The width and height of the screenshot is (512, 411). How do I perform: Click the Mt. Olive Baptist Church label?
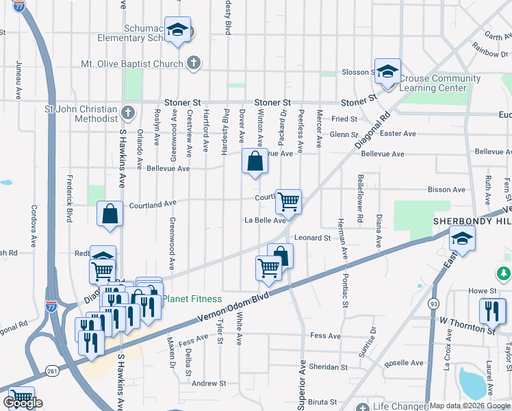click(132, 64)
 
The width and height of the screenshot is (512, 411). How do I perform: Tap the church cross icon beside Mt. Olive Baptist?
click(193, 64)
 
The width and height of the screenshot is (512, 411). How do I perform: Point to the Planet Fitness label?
click(192, 299)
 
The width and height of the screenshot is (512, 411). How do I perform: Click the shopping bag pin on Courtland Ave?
click(110, 214)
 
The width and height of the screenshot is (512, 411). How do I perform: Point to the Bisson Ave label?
click(446, 190)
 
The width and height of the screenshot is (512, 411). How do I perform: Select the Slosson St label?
click(355, 73)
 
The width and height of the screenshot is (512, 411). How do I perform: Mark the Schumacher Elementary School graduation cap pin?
click(178, 30)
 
